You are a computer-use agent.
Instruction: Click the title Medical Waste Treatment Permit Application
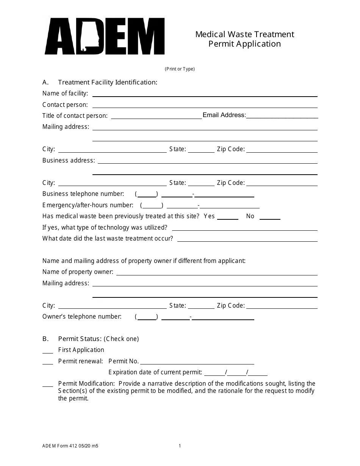pos(244,39)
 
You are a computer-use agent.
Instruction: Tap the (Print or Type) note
pos(180,69)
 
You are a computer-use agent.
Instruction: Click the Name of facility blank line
pos(205,94)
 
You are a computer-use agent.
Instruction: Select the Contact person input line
pos(205,105)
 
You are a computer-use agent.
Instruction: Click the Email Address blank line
pos(282,116)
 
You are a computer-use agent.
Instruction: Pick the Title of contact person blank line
pos(156,116)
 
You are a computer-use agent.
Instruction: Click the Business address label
pos(69,161)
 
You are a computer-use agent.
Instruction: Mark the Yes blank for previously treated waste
pos(227,217)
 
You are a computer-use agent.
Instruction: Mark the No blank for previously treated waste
pos(270,217)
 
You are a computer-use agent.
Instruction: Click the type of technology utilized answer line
pos(244,228)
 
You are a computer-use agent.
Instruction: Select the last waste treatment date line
pos(247,239)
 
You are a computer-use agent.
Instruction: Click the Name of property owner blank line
pos(217,273)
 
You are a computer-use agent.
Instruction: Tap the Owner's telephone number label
pos(82,317)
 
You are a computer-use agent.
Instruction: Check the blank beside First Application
pos(48,351)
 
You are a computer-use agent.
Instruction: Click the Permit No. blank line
pos(197,362)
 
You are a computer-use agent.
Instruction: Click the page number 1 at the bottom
pos(180,446)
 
